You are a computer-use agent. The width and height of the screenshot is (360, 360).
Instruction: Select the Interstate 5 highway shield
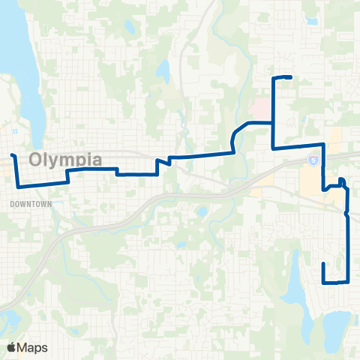pyautogui.click(x=314, y=160)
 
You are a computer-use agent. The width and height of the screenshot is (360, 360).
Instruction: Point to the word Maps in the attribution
pyautogui.click(x=33, y=347)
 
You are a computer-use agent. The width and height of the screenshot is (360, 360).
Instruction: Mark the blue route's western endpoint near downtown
pyautogui.click(x=12, y=154)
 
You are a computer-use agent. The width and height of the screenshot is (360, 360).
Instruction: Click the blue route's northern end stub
pyautogui.click(x=289, y=77)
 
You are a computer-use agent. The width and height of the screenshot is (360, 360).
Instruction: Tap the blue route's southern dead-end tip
pyautogui.click(x=323, y=264)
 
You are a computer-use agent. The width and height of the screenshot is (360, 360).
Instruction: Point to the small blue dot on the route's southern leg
pyautogui.click(x=346, y=214)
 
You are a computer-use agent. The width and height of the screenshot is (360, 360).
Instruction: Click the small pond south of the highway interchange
pyautogui.click(x=200, y=211)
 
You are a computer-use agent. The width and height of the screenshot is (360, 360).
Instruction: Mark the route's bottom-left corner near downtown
pyautogui.click(x=17, y=184)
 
